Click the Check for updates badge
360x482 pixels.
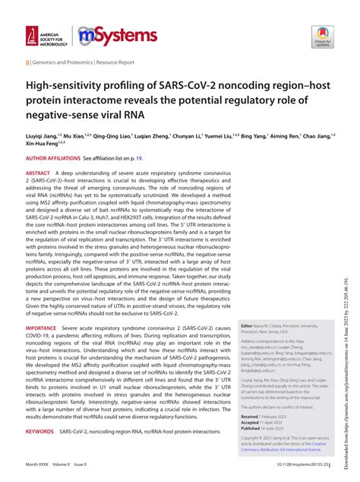(321, 36)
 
